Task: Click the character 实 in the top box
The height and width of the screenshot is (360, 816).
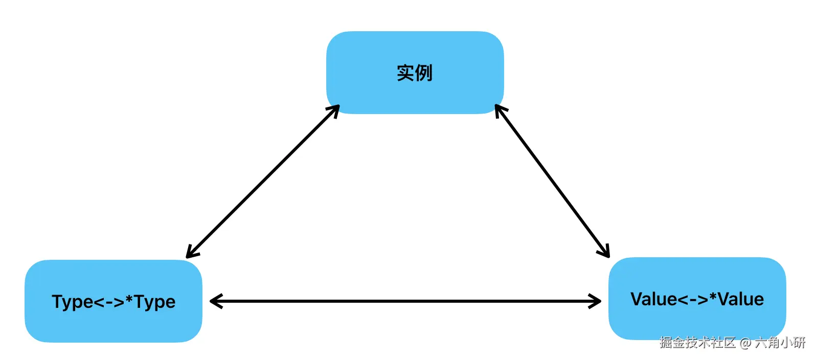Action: point(405,73)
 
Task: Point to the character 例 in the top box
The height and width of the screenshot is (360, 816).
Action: point(424,73)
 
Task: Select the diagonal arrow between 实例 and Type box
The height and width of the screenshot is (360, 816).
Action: point(263,182)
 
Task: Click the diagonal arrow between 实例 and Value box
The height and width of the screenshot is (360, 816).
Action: point(552,181)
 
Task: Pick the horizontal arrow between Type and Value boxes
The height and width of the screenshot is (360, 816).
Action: point(405,301)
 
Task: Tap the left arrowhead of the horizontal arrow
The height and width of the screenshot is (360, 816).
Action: point(215,301)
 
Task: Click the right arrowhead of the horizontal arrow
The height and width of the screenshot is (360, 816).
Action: point(596,301)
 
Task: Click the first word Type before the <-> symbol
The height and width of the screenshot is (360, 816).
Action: point(72,302)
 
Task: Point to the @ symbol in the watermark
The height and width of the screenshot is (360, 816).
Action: point(745,343)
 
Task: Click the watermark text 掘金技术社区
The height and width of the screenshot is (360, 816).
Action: point(697,342)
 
